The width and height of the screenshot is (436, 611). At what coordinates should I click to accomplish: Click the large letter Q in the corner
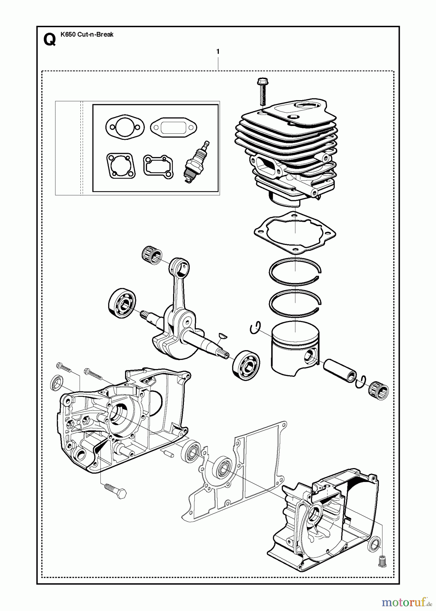point(50,40)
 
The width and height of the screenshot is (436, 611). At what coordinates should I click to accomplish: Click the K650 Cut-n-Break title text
point(87,34)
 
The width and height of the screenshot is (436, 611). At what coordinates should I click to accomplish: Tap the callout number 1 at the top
point(218,52)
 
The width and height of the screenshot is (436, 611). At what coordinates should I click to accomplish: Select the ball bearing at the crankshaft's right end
point(246,365)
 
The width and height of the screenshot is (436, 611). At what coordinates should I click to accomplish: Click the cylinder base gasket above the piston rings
point(295,233)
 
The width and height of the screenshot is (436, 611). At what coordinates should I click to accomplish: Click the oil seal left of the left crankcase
point(56,381)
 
